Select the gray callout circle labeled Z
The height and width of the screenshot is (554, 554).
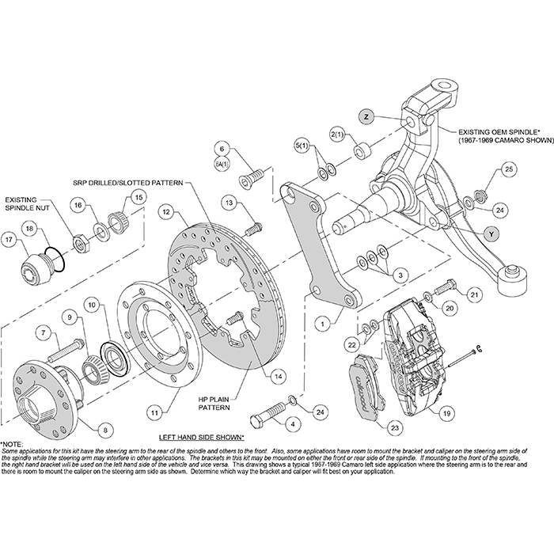[x=366, y=116]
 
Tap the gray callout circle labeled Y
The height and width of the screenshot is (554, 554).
[x=492, y=233]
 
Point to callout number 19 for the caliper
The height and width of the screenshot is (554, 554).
[x=447, y=412]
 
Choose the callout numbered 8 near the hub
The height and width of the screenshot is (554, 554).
[x=103, y=430]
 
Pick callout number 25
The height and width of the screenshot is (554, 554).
[x=509, y=169]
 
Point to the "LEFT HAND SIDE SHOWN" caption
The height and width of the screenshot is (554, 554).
[x=201, y=436]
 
